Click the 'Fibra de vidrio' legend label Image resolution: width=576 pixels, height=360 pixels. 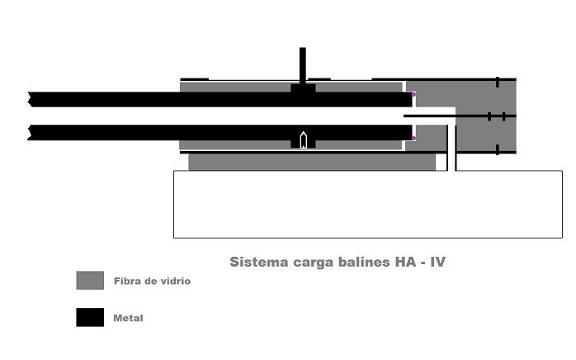tap(152, 281)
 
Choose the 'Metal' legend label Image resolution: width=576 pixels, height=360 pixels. tap(129, 317)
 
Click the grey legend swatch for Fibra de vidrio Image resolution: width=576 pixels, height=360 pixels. tap(90, 281)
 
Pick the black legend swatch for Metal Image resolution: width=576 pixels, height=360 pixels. tap(90, 317)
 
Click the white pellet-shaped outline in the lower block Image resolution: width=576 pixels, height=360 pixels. tap(303, 140)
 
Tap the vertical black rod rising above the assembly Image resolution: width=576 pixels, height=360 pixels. tap(303, 64)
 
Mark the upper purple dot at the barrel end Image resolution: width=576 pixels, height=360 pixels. tap(413, 95)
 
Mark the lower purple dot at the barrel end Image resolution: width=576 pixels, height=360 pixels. tap(413, 139)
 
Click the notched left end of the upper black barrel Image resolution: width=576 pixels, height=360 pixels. tap(33, 100)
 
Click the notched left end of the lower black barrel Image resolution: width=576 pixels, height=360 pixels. tap(33, 132)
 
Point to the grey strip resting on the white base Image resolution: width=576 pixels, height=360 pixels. tap(312, 162)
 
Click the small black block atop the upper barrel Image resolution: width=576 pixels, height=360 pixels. tap(303, 88)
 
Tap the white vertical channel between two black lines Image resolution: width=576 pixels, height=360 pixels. tap(451, 149)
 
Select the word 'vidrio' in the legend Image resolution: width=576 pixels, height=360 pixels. tap(174, 281)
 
